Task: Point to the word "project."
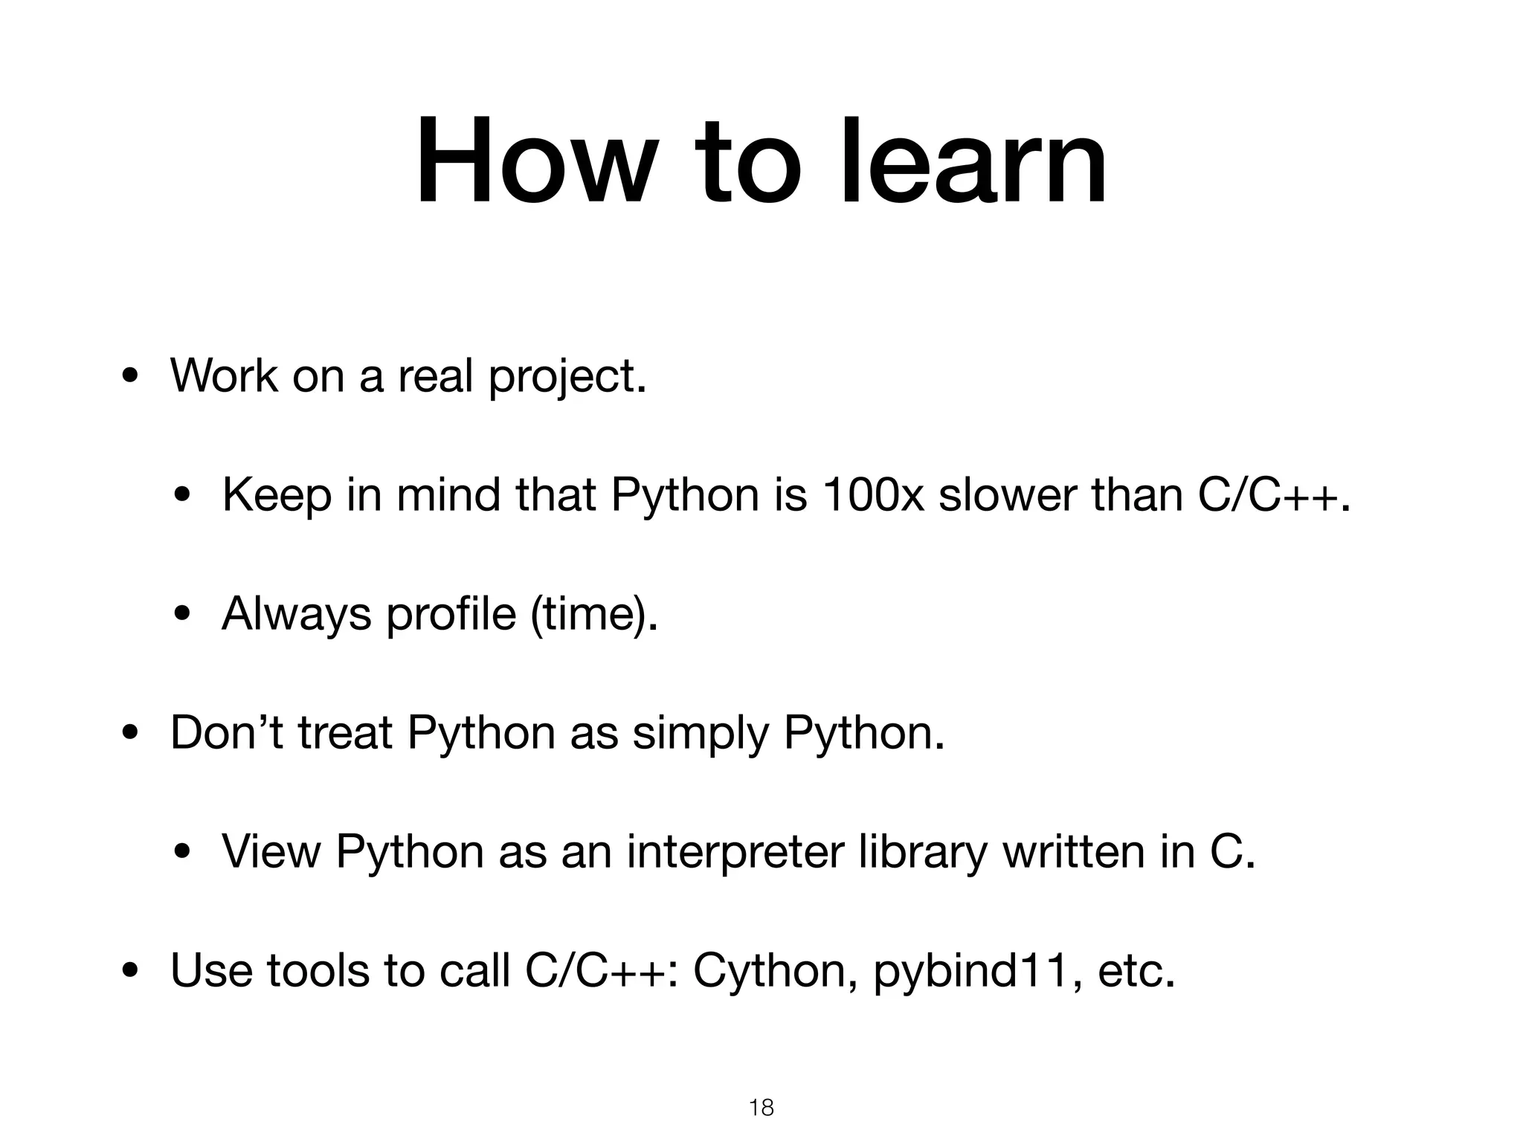pyautogui.click(x=567, y=378)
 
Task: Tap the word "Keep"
pyautogui.click(x=277, y=497)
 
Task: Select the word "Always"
pyautogui.click(x=296, y=616)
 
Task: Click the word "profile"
pyautogui.click(x=451, y=614)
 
